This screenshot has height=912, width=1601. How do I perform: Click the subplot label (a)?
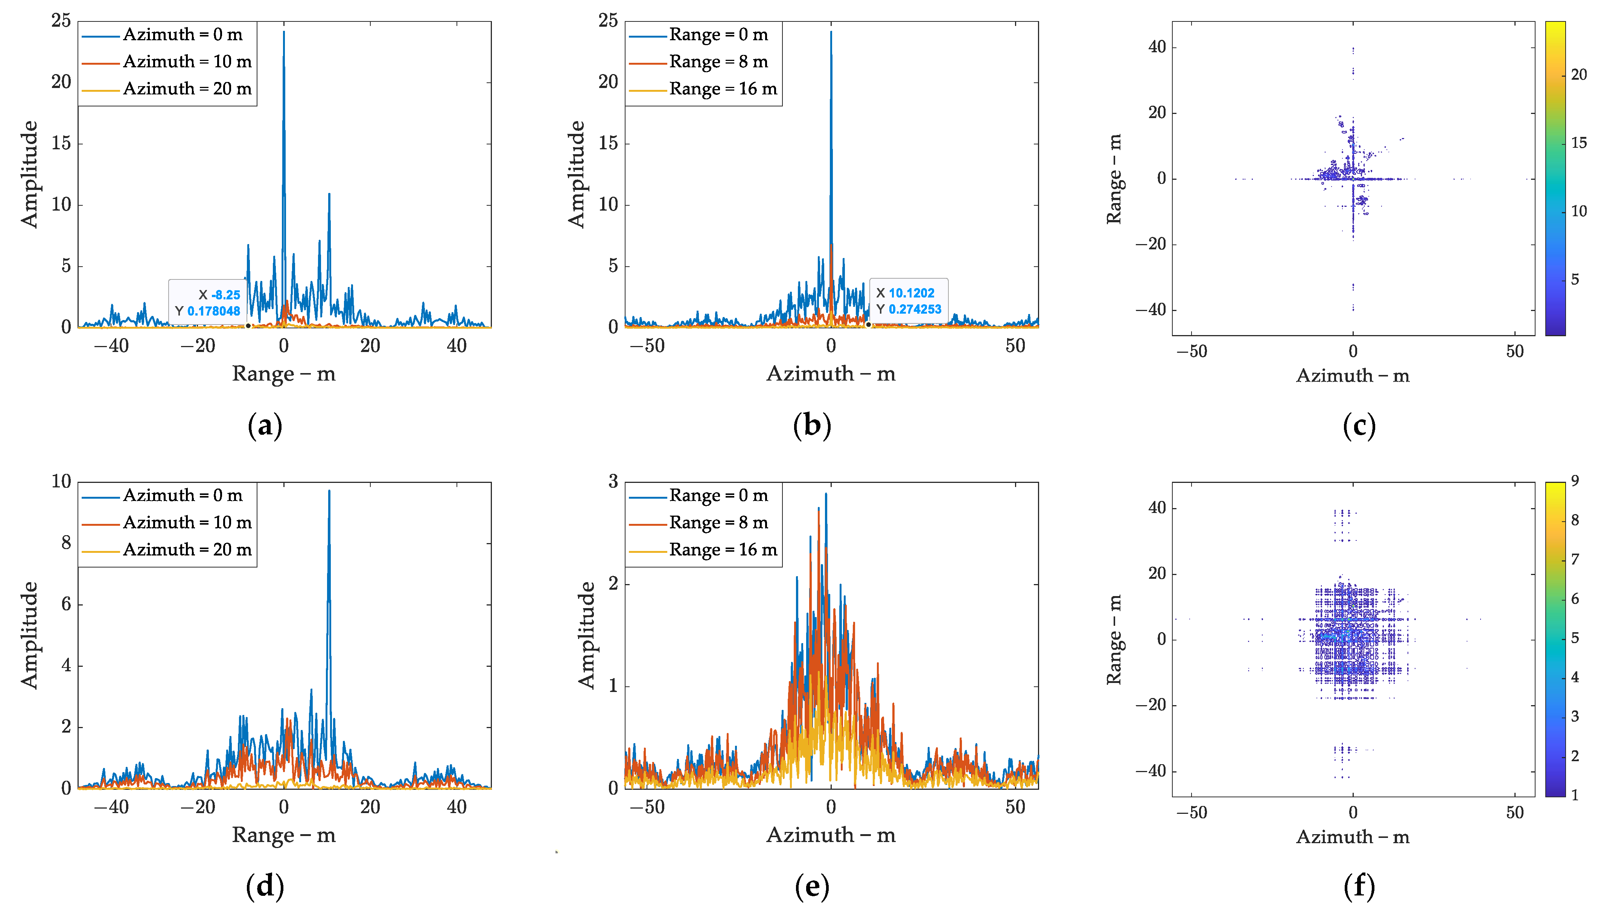(x=265, y=426)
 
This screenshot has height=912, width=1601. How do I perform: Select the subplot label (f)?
(x=1359, y=886)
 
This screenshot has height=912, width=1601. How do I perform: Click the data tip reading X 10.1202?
(x=908, y=300)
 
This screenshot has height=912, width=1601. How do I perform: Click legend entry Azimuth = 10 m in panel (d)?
(x=187, y=522)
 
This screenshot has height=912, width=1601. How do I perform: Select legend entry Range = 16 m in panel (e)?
(x=723, y=550)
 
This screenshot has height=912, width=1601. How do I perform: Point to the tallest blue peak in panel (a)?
(x=284, y=33)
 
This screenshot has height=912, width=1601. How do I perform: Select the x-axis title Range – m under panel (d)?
(x=284, y=835)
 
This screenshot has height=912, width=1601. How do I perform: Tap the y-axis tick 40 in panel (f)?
(x=1157, y=508)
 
